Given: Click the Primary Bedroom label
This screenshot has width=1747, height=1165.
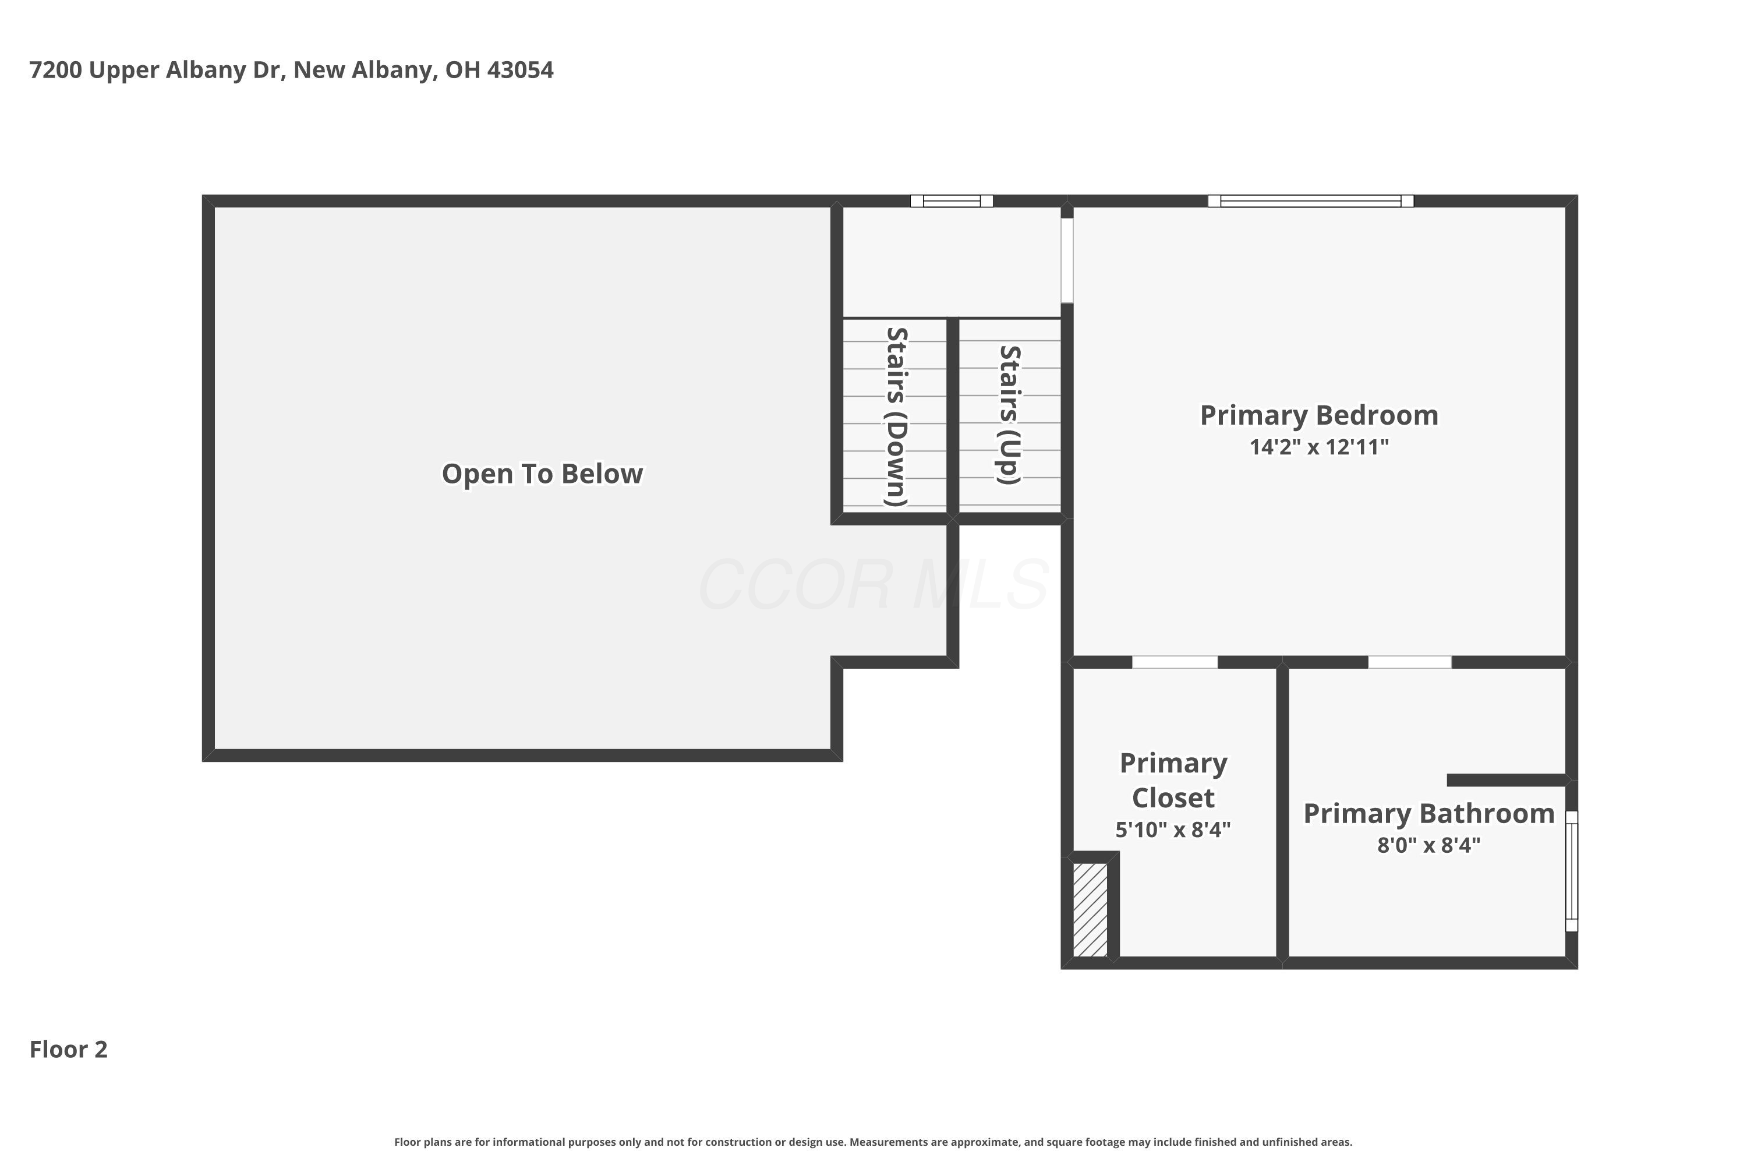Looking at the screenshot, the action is click(x=1319, y=415).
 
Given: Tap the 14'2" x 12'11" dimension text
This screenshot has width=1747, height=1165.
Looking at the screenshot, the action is click(x=1319, y=447).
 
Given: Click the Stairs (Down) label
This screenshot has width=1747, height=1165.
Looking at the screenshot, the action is click(x=897, y=417).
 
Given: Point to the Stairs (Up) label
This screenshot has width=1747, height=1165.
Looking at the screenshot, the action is click(x=1009, y=415).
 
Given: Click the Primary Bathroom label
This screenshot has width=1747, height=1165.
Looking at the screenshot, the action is click(x=1429, y=814).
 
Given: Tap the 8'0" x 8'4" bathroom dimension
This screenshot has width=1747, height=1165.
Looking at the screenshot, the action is click(x=1429, y=846).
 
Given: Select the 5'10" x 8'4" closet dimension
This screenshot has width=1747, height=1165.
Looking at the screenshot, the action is click(x=1173, y=830).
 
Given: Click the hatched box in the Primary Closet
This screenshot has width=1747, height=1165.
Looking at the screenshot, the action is click(x=1090, y=909).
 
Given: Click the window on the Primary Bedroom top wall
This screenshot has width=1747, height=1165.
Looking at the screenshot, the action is click(x=1310, y=200).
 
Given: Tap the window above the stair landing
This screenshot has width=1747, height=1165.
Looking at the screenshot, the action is click(x=952, y=200).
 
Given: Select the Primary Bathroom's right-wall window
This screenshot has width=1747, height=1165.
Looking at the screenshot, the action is click(x=1572, y=871).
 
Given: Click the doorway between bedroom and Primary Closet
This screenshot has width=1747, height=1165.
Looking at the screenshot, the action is click(x=1175, y=662).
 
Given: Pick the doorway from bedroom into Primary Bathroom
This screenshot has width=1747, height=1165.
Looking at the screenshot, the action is click(x=1410, y=662).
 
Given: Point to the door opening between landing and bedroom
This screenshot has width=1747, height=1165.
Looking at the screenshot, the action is click(x=1067, y=260).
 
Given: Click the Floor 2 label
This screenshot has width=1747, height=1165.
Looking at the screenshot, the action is click(x=68, y=1050).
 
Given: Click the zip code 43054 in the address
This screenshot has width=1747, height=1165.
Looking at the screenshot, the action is click(x=520, y=70).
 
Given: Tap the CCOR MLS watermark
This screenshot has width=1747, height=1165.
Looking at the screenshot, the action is click(x=873, y=585).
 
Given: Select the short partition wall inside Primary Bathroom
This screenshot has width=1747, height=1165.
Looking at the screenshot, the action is click(x=1508, y=780).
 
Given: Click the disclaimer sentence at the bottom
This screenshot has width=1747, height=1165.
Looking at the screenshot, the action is click(x=873, y=1142).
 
